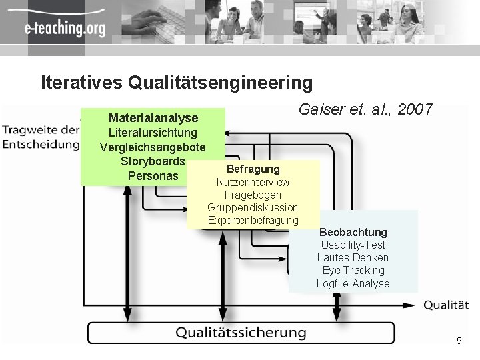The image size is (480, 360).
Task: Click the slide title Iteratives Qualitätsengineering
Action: [177, 83]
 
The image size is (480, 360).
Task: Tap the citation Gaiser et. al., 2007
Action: [366, 109]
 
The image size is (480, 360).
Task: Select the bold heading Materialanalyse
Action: [153, 118]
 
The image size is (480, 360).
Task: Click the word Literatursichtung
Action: [153, 133]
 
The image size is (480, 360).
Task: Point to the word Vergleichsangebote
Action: [153, 147]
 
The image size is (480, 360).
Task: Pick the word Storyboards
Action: [153, 162]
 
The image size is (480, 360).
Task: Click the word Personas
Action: [153, 177]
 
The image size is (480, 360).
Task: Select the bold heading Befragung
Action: [253, 169]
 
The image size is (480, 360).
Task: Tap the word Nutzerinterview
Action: [253, 182]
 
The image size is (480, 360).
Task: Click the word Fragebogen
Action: [253, 195]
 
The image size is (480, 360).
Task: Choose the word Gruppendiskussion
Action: [253, 208]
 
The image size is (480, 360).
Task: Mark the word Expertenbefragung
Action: [253, 221]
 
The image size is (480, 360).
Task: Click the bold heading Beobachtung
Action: [353, 232]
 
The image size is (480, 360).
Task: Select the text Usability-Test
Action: [353, 245]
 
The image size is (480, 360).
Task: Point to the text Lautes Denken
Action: [353, 258]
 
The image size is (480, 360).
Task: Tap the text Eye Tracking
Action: [353, 271]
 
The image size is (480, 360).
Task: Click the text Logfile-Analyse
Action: [353, 284]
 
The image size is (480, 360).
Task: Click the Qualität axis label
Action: [446, 305]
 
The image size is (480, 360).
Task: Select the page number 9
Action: [459, 341]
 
